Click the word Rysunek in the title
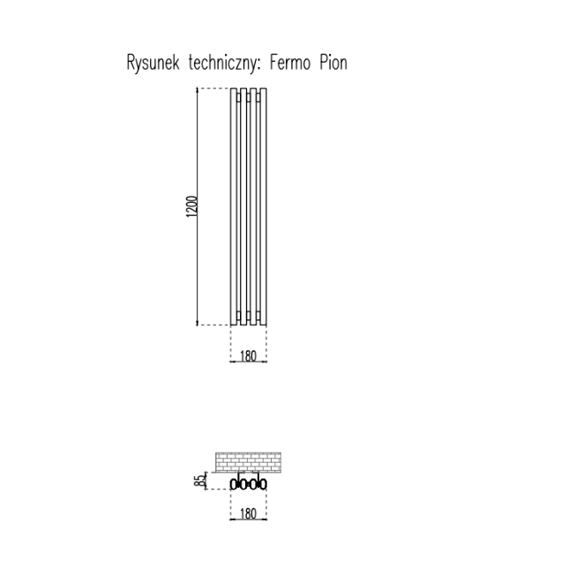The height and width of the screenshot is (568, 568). coord(153,63)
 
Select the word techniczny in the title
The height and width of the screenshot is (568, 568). coord(223,63)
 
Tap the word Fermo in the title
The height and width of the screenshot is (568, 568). coord(290,63)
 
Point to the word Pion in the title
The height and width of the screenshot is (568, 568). coord(333,63)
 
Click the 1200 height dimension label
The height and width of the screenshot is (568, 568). coord(192,206)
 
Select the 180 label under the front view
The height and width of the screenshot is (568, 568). coord(248,356)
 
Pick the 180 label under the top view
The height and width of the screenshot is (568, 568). coord(248,513)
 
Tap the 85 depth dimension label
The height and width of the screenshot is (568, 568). coord(199,481)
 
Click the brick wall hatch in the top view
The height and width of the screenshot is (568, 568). coord(249,462)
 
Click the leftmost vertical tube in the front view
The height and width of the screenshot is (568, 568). coord(234,207)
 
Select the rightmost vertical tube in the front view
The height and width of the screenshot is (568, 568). coord(264,207)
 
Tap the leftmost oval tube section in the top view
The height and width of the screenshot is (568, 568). coord(234,484)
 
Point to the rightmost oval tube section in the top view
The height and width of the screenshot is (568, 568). coord(264,484)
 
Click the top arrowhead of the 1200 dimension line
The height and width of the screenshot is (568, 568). coord(197,90)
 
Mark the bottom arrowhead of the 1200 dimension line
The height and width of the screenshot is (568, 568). coord(197,323)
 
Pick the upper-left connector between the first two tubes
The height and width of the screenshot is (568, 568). coord(239,97)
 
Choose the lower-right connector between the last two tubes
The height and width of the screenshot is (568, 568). coord(258,315)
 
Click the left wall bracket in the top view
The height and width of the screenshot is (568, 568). coord(238,476)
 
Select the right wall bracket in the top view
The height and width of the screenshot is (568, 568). coord(258,476)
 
